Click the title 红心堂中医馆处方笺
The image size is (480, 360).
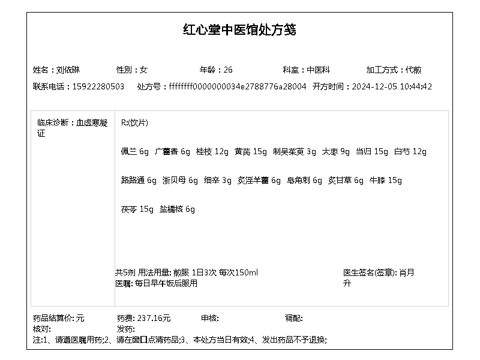(x=239, y=30)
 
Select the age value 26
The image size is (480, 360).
(x=228, y=70)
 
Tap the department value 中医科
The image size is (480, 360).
(x=319, y=70)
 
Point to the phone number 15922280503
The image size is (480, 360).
(x=98, y=86)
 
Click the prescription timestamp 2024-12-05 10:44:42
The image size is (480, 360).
(x=391, y=86)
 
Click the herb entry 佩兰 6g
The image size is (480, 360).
(x=134, y=152)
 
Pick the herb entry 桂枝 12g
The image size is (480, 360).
(x=212, y=152)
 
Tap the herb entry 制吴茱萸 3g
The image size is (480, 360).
(x=294, y=152)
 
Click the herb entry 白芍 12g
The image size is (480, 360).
(x=410, y=152)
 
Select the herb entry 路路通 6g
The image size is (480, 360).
(x=139, y=181)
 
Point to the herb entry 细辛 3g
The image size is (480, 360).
(x=217, y=181)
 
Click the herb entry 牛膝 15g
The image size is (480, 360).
(x=386, y=181)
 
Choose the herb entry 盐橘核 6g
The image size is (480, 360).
(x=177, y=209)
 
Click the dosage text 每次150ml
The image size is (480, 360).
(x=238, y=273)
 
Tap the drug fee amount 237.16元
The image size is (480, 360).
(x=154, y=318)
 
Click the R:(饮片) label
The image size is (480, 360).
(x=134, y=123)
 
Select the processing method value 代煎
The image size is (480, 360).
(x=413, y=70)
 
